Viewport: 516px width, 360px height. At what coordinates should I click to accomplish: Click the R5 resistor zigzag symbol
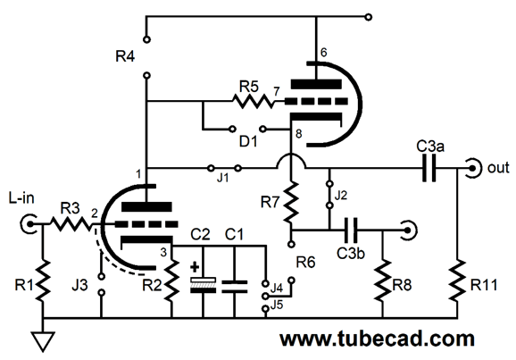click(x=253, y=101)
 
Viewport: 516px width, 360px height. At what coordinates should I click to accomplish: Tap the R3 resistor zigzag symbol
click(x=71, y=224)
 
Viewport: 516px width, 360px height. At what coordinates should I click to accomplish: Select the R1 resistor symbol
click(x=43, y=280)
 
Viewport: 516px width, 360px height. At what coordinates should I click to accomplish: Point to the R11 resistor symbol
click(x=457, y=280)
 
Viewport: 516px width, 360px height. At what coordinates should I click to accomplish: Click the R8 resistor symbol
click(x=383, y=280)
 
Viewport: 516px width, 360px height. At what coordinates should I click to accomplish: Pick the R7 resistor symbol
click(x=291, y=202)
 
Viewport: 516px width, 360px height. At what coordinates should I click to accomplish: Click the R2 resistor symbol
click(x=171, y=280)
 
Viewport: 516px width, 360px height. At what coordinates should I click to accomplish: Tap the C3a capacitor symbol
click(x=429, y=169)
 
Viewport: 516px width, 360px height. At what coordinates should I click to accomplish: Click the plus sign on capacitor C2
click(x=195, y=267)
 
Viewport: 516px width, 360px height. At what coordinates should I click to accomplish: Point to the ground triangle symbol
click(x=43, y=342)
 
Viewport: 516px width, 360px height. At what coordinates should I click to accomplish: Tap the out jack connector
click(x=474, y=169)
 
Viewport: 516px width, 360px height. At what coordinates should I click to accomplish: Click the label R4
click(x=125, y=56)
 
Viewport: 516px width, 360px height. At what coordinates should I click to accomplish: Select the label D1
click(x=248, y=142)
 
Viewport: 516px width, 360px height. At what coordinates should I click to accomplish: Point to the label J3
click(x=80, y=285)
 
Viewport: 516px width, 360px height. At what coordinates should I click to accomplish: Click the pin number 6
click(x=323, y=53)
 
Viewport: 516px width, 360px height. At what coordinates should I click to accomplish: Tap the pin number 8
click(x=298, y=134)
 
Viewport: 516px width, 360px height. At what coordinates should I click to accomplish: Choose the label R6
click(x=305, y=262)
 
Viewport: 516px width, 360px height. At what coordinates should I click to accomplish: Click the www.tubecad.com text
click(x=377, y=339)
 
